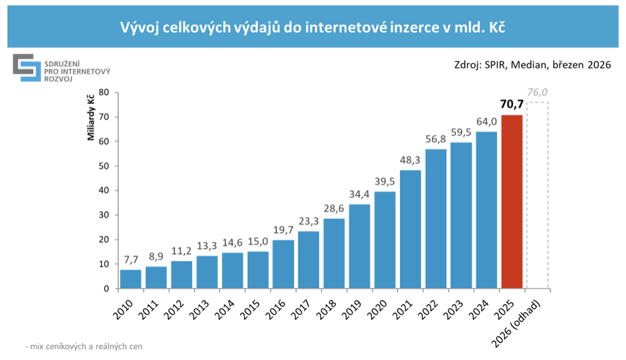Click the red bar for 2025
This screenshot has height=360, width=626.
511,202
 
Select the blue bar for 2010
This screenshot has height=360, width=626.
131,279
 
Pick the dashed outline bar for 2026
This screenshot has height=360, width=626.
537,196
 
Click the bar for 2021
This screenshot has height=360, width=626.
410,229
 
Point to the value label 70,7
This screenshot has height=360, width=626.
512,104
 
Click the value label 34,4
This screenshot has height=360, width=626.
360,194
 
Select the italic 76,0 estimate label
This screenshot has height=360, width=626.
537,92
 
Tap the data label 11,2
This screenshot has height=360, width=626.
181,251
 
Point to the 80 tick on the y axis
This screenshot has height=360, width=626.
104,92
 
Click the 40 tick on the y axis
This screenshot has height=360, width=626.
104,191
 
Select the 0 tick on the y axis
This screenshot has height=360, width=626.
107,289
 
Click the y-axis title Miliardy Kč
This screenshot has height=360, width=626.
90,119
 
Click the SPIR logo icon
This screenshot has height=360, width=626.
26,67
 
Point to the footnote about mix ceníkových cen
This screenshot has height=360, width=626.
84,347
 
